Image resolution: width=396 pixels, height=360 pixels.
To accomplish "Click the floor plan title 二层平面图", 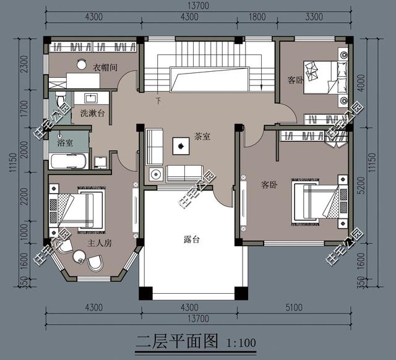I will click(x=178, y=340).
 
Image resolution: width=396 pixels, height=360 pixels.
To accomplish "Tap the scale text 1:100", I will click(x=241, y=341).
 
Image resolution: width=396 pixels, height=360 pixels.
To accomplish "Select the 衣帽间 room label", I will click(x=106, y=67).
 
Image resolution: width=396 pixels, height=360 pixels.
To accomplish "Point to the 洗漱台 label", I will click(x=92, y=113).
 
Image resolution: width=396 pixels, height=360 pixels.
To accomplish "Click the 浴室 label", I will click(x=65, y=142).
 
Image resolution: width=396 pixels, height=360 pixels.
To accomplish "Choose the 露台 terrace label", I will click(x=192, y=239).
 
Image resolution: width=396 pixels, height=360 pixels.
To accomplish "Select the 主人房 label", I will click(x=99, y=244).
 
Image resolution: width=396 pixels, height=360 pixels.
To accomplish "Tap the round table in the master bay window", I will click(x=80, y=257).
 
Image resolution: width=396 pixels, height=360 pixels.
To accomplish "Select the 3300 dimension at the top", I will click(x=313, y=17).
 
